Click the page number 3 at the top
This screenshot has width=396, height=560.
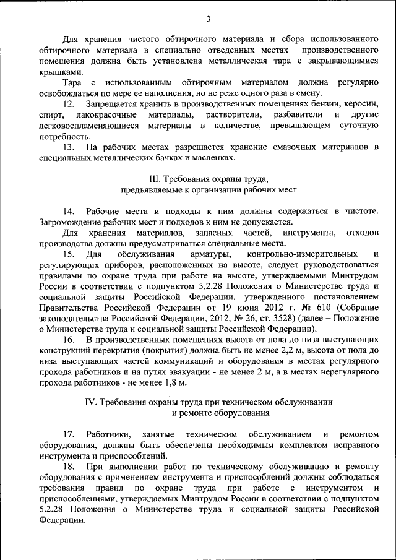pyautogui.click(x=209, y=19)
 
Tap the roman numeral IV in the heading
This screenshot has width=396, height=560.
pyautogui.click(x=91, y=402)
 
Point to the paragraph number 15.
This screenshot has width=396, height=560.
pyautogui.click(x=71, y=254)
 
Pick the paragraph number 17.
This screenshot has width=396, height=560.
pyautogui.click(x=71, y=434)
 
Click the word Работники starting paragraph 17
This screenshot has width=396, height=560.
pyautogui.click(x=106, y=434)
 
